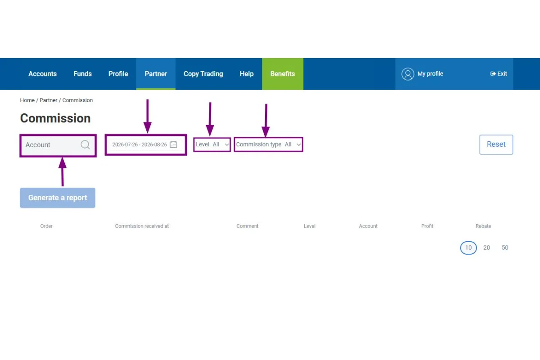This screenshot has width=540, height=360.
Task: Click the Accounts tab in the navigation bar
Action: [42, 74]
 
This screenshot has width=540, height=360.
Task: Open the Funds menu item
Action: [82, 74]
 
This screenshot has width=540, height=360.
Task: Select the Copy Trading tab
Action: [203, 74]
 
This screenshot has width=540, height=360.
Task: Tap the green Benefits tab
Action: [283, 74]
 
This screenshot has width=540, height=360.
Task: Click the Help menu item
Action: [247, 74]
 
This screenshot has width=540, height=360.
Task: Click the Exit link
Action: [499, 73]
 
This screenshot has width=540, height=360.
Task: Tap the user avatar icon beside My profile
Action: [408, 74]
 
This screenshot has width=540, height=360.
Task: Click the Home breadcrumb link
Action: [27, 100]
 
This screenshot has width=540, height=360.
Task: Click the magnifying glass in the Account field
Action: [85, 145]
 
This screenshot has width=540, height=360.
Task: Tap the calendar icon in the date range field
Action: [174, 144]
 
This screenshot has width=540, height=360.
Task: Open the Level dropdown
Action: [212, 144]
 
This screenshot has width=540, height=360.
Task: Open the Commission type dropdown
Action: [268, 144]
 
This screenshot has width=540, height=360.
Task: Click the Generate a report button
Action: [58, 198]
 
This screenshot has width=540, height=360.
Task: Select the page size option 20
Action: [486, 247]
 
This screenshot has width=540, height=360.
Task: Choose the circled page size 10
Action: [468, 247]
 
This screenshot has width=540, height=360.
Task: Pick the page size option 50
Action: [505, 247]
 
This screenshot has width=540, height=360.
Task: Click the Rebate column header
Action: [483, 226]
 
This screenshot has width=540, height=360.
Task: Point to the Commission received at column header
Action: [142, 226]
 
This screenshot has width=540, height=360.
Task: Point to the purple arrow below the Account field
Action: [63, 172]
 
